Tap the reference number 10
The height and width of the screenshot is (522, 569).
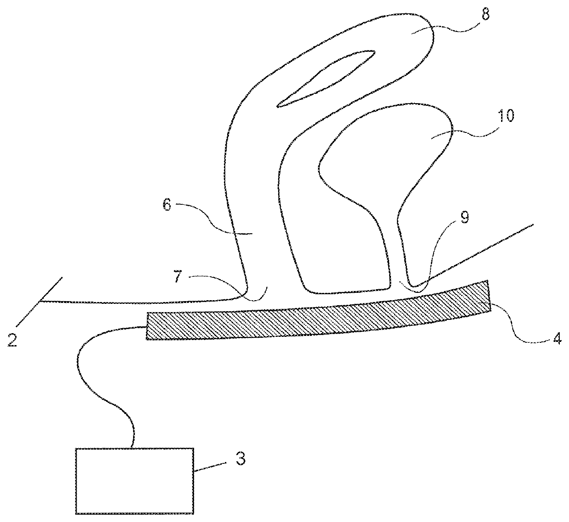(506, 115)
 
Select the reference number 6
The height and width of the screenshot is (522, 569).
(167, 205)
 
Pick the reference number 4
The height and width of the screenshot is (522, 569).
(557, 340)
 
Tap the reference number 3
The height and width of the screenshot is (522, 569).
(240, 458)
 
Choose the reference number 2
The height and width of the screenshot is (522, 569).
(12, 340)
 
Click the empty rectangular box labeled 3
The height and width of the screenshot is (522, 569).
(134, 480)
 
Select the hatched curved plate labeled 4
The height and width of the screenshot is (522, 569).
(317, 319)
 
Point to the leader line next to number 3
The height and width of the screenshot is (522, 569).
(210, 466)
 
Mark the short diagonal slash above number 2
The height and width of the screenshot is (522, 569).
(50, 290)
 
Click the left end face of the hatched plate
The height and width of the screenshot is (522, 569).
(147, 326)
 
